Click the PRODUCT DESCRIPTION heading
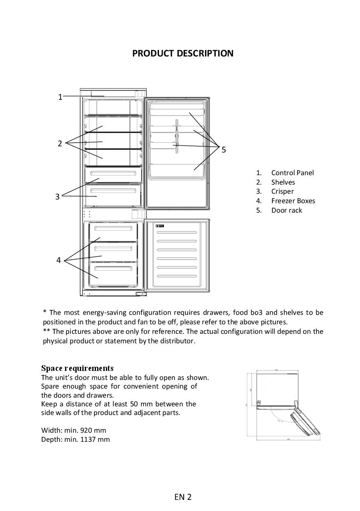(x=182, y=54)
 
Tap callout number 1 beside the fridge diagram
(x=60, y=97)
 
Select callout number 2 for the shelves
(x=60, y=143)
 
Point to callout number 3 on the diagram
(x=57, y=197)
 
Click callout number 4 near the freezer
(x=58, y=260)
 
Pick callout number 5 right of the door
(x=224, y=150)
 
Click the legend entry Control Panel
(x=292, y=173)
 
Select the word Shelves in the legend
(x=283, y=182)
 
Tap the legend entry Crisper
(x=282, y=191)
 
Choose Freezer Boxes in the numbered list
(x=293, y=201)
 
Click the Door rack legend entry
(x=286, y=210)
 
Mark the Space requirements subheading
(x=77, y=368)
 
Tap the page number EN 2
(x=182, y=497)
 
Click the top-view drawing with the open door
(x=284, y=405)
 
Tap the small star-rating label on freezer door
(x=160, y=226)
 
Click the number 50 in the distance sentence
(x=134, y=404)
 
